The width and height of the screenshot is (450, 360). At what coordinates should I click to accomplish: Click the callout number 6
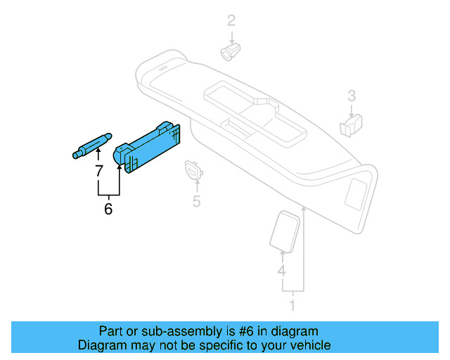[108, 209]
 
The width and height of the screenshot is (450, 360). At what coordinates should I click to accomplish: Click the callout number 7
[98, 170]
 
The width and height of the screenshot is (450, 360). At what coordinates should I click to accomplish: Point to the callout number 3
[352, 95]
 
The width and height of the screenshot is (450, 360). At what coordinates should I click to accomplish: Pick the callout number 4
[281, 271]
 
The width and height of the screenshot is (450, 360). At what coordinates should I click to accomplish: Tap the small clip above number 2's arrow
[230, 51]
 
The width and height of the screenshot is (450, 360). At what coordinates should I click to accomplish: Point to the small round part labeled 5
[193, 169]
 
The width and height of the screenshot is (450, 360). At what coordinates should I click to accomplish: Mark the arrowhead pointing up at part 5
[197, 182]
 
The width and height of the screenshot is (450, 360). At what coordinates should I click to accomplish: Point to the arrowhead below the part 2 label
[231, 38]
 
